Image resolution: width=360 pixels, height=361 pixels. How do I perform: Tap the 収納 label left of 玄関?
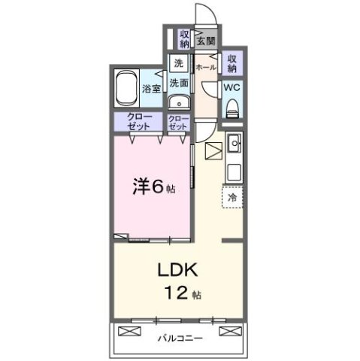184,38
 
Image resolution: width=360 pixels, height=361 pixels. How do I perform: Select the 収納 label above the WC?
233,63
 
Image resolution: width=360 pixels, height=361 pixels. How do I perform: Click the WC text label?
232,87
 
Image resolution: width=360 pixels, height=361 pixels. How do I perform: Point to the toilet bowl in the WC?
232,107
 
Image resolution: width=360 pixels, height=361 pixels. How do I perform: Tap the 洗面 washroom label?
177,83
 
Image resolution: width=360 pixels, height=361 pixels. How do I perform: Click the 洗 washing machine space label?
178,63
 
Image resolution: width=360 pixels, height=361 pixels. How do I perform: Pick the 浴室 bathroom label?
151,89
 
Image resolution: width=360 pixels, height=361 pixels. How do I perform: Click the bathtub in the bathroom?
127,89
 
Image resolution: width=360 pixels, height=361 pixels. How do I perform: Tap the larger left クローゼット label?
138,123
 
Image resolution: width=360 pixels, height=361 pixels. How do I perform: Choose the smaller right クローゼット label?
179,123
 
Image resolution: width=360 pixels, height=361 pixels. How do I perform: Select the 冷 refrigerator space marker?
232,196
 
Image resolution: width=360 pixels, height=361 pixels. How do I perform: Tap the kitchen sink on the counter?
233,141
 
